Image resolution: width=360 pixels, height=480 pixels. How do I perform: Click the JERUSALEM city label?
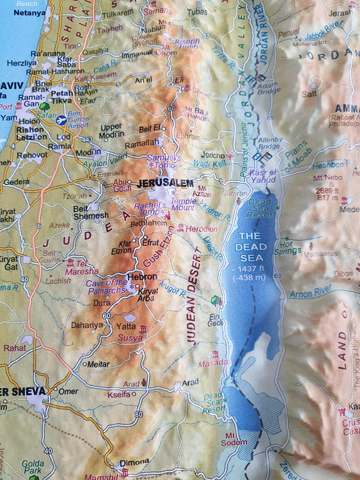point(165,183)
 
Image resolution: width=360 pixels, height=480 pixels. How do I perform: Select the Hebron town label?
point(142,276)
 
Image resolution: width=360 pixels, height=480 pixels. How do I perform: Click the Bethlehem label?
point(148,222)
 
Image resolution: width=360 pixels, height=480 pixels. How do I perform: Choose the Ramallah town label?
point(141,142)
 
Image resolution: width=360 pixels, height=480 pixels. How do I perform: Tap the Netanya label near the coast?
point(29,12)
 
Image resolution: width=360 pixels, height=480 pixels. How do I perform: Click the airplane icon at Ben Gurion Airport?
point(62,120)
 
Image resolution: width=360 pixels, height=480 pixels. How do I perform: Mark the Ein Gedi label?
point(215,319)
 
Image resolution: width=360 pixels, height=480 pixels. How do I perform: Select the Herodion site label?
point(201,230)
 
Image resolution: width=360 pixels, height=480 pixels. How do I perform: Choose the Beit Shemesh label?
point(91,212)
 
